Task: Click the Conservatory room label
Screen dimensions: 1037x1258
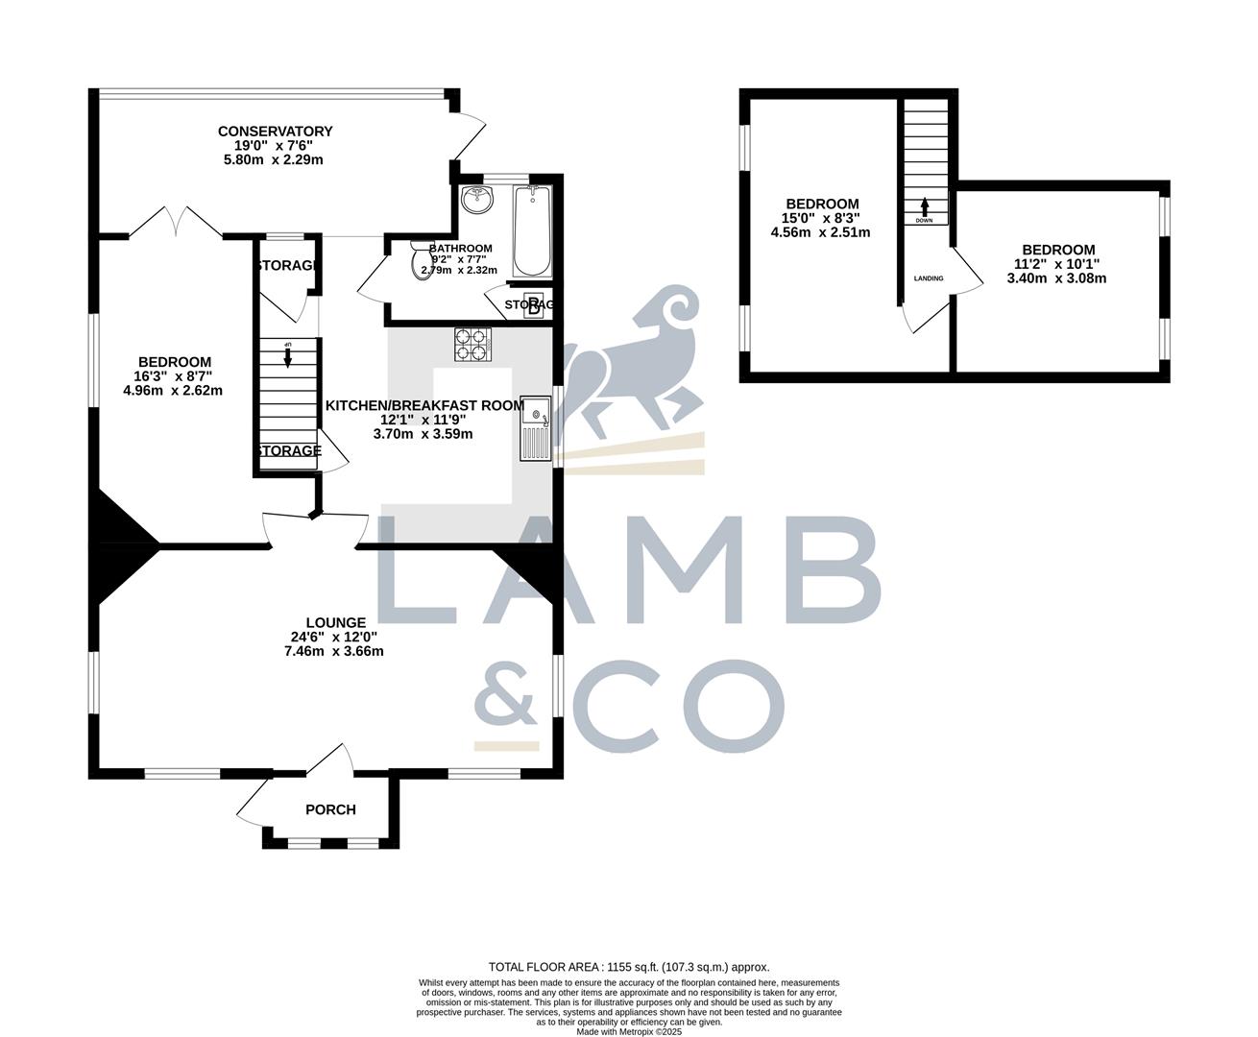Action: pos(275,132)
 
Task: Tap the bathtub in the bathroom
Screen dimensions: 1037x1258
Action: pos(532,231)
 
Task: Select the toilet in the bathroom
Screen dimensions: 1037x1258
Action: pos(421,263)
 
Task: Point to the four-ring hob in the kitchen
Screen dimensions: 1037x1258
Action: pos(472,346)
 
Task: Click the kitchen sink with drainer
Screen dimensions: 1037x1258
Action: pos(535,426)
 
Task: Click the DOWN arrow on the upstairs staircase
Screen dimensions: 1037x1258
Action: pos(925,208)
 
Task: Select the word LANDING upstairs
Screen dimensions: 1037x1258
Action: pos(928,278)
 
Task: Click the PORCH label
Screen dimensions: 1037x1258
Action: pos(330,809)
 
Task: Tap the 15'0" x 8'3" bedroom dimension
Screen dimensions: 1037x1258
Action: pos(821,218)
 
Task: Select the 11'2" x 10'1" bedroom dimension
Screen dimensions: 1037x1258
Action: pos(1056,264)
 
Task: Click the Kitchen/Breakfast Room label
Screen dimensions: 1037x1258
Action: pos(424,405)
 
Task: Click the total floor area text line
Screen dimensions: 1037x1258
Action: pos(629,968)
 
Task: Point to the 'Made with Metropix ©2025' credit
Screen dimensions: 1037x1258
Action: pos(629,1031)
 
